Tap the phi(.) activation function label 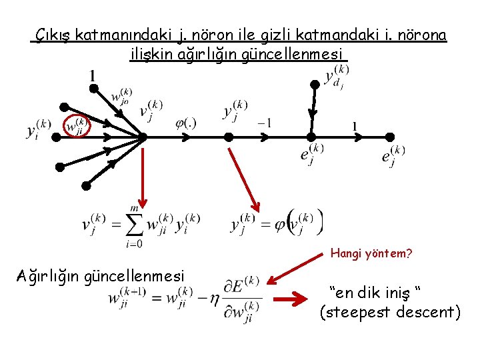pyautogui.click(x=185, y=123)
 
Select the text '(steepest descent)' pyautogui.click(x=390, y=311)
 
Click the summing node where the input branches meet pyautogui.click(x=143, y=137)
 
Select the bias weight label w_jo pyautogui.click(x=121, y=97)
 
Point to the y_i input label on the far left pyautogui.click(x=39, y=129)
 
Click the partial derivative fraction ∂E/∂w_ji pyautogui.click(x=242, y=299)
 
